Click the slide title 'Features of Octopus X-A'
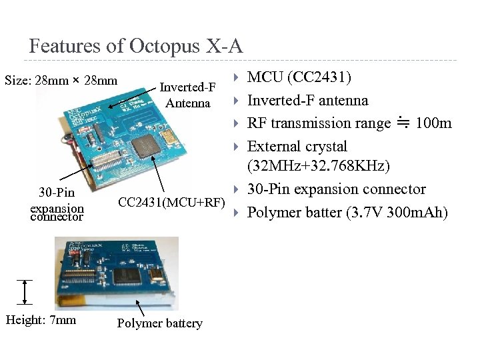tap(136, 46)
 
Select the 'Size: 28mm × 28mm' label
tap(61, 81)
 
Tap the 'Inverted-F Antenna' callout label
tap(188, 95)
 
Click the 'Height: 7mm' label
tap(41, 320)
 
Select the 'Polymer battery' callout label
tap(159, 323)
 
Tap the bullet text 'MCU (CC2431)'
tap(300, 77)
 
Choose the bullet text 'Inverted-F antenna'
tap(307, 100)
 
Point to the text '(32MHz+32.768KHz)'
tap(319, 165)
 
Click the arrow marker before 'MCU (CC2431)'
tap(236, 78)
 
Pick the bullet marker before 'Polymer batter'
tap(236, 213)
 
